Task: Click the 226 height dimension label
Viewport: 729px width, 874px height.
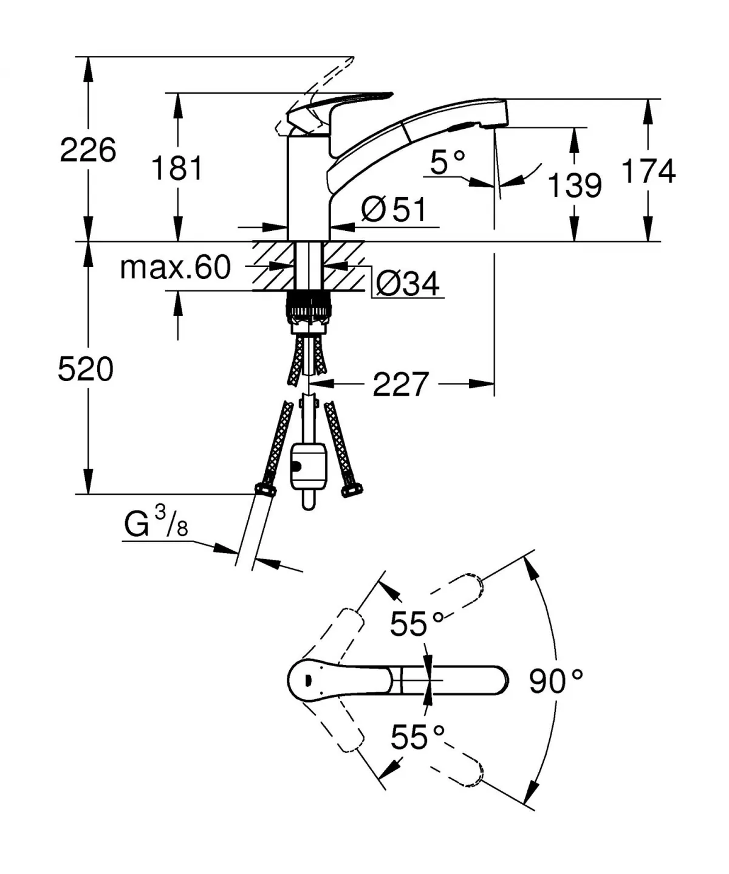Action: pos(87,150)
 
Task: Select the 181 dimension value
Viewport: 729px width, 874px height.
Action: pos(177,168)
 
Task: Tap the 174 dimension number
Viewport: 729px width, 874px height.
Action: pos(648,171)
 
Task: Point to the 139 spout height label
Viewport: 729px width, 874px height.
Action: pos(574,185)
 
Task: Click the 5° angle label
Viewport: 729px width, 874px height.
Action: pos(447,162)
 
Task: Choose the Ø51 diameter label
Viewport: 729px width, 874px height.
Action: pos(394,210)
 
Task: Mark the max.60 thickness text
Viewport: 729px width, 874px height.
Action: pos(176,267)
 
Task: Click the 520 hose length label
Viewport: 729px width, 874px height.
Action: pos(86,370)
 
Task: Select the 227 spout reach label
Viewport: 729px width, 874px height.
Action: pos(401,384)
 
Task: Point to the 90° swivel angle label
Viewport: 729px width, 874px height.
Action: pos(555,681)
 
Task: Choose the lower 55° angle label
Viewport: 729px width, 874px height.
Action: pos(417,737)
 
